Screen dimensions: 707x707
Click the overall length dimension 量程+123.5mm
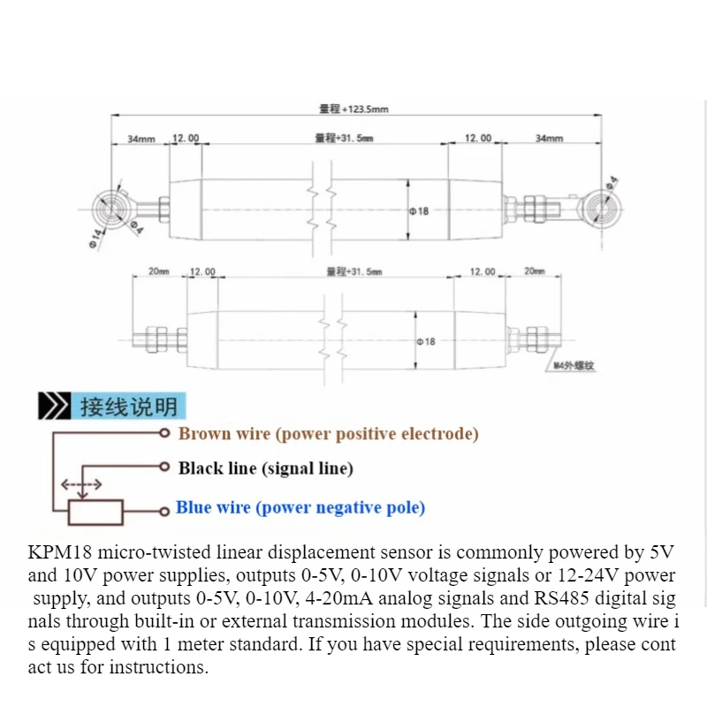pyautogui.click(x=353, y=109)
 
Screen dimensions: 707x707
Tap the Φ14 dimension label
pyautogui.click(x=96, y=239)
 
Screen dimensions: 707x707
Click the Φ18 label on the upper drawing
pyautogui.click(x=419, y=211)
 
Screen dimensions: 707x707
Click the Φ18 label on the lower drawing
pyautogui.click(x=426, y=342)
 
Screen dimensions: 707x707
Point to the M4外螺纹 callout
pyautogui.click(x=574, y=365)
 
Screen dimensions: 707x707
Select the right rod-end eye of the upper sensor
pyautogui.click(x=600, y=209)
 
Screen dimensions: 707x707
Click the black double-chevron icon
pyautogui.click(x=55, y=406)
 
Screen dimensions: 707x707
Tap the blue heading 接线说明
pyautogui.click(x=129, y=407)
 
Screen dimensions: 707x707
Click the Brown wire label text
pyautogui.click(x=328, y=434)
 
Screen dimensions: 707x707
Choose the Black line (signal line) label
pyautogui.click(x=266, y=468)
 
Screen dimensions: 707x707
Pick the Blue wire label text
pyautogui.click(x=300, y=507)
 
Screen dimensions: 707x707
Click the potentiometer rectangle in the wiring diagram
pyautogui.click(x=95, y=513)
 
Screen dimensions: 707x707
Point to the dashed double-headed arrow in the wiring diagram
pyautogui.click(x=81, y=485)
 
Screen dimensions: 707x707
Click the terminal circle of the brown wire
pyautogui.click(x=164, y=433)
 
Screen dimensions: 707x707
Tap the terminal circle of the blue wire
pyautogui.click(x=164, y=512)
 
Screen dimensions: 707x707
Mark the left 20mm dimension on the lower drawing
pyautogui.click(x=159, y=271)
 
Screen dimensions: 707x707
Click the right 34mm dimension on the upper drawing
pyautogui.click(x=549, y=138)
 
